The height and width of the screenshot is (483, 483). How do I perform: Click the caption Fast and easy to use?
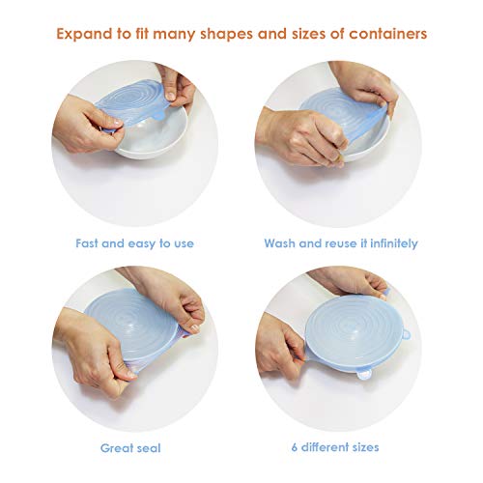134,243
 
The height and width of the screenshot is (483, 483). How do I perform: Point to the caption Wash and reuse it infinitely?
341,243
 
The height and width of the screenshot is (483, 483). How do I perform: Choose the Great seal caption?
130,447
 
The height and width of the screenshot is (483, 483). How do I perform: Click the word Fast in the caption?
90,243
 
